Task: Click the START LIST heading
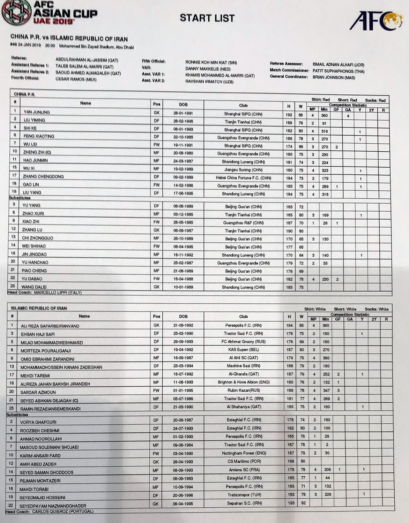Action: click(x=207, y=18)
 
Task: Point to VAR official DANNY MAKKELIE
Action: click(x=208, y=69)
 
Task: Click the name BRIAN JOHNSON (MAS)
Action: click(x=334, y=77)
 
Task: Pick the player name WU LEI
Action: click(x=30, y=144)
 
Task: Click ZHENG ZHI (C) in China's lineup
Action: click(x=37, y=152)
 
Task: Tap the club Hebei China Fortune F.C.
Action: click(x=243, y=178)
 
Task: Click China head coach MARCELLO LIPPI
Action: click(x=58, y=293)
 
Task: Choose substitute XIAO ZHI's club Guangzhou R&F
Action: click(x=243, y=223)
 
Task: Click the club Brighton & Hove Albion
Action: click(x=243, y=382)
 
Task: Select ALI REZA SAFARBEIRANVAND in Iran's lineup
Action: click(x=50, y=326)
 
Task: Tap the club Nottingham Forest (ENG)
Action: click(x=244, y=453)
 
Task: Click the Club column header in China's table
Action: click(x=243, y=105)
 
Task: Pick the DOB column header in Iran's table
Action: click(x=183, y=317)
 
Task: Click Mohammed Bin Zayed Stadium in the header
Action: click(x=96, y=46)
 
